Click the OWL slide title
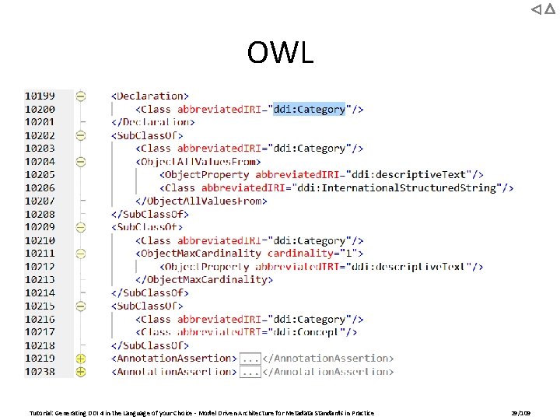click(280, 53)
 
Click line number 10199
click(40, 96)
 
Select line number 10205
click(40, 174)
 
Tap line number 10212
click(40, 266)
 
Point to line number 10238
click(40, 372)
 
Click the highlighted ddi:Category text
click(310, 109)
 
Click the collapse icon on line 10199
click(81, 96)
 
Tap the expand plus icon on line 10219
click(81, 359)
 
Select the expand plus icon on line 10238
click(81, 372)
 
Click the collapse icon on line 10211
click(81, 253)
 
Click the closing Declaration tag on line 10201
click(152, 122)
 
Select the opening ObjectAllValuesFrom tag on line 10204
click(198, 162)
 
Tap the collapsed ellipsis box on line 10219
click(250, 359)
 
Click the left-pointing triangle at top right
click(537, 9)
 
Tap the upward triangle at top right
click(550, 9)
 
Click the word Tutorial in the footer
click(40, 413)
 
